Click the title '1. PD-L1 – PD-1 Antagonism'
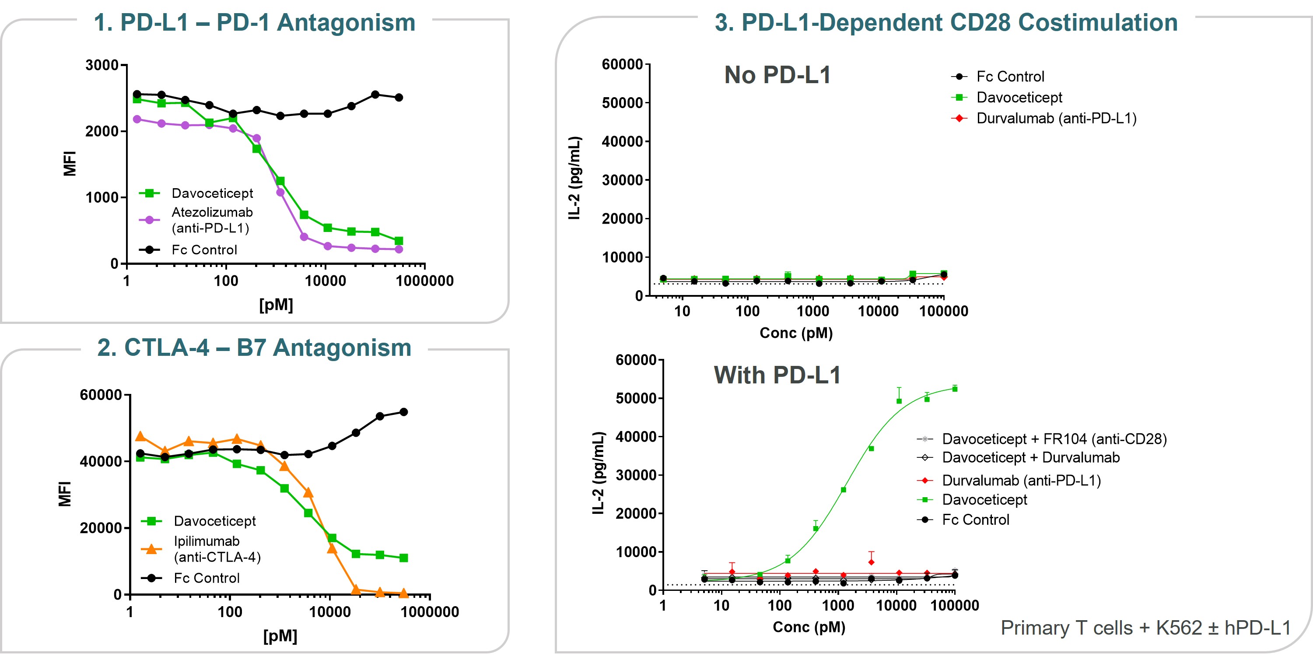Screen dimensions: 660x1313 click(254, 23)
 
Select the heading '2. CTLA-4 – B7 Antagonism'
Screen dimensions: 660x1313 click(254, 348)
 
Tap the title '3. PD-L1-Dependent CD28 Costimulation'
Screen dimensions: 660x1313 click(946, 23)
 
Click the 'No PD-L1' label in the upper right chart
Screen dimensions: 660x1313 click(777, 75)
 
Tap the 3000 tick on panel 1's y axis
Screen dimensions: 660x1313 click(102, 65)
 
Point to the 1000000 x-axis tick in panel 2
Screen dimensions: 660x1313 click(430, 611)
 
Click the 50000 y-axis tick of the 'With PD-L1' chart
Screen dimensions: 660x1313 click(636, 398)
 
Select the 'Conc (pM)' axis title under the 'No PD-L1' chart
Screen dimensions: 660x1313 click(796, 333)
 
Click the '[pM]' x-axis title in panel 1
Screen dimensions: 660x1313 click(276, 305)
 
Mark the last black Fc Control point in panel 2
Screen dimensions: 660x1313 click(403, 412)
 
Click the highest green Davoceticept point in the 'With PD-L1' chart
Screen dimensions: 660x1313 click(955, 389)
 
